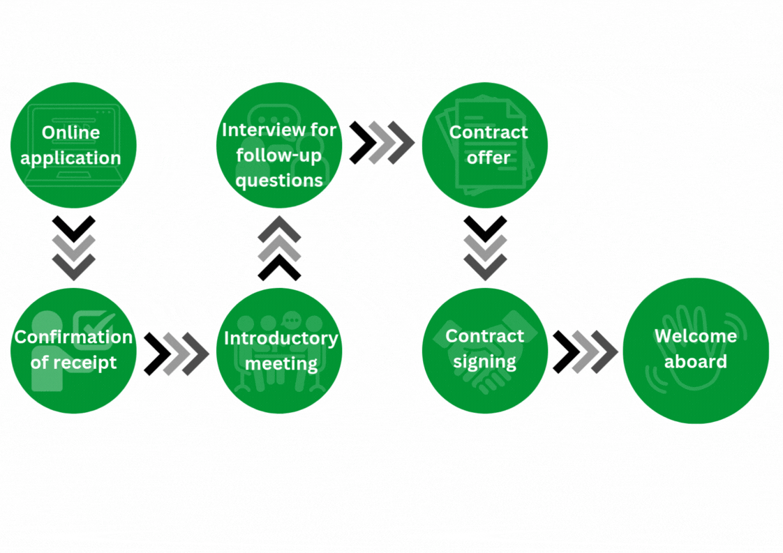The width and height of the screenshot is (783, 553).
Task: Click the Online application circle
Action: (73, 145)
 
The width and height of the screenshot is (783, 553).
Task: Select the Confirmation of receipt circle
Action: (73, 350)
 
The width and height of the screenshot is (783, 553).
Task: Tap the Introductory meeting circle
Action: (279, 350)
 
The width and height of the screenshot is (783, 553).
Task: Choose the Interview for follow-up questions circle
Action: (279, 145)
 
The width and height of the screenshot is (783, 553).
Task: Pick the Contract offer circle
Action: (485, 145)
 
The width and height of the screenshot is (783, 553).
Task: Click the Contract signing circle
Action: (485, 350)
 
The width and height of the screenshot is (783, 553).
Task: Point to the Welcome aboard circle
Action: (695, 350)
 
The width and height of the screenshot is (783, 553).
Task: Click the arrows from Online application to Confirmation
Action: (73, 248)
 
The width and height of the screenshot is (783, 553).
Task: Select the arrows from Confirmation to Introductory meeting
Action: (176, 354)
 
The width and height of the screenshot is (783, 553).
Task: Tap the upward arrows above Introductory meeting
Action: (279, 248)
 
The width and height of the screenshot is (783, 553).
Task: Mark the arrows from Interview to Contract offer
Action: (382, 142)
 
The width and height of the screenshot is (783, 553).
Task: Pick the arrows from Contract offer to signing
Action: (485, 248)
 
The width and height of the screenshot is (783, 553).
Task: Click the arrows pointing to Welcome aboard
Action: (585, 351)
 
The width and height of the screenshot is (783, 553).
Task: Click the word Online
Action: (70, 132)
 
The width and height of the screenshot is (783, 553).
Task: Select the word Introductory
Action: (281, 338)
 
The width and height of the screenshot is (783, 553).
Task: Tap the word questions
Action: (279, 180)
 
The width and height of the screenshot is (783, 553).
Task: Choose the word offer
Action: (489, 158)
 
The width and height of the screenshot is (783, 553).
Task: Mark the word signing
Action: (484, 362)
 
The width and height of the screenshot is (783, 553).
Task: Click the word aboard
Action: (695, 362)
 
